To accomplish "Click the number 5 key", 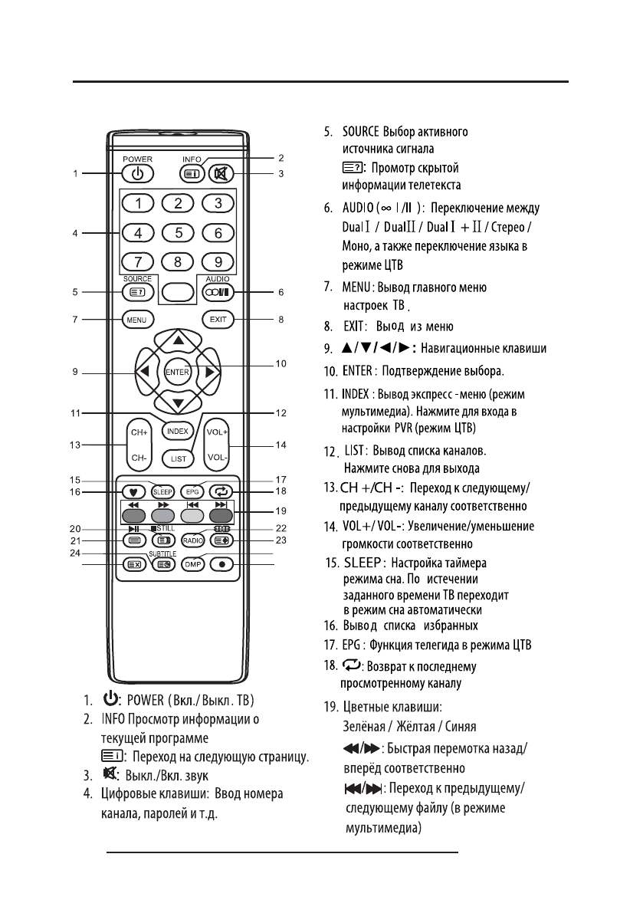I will coord(178,232).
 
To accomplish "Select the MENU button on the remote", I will coord(138,320).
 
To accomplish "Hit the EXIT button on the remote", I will coord(218,320).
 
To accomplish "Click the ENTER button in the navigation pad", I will coord(178,372).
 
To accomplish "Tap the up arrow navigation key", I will coord(178,340).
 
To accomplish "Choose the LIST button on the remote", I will coord(178,458).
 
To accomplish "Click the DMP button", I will coord(193,565).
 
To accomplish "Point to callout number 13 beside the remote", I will coord(75,445).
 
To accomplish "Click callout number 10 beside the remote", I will coord(281,363).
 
